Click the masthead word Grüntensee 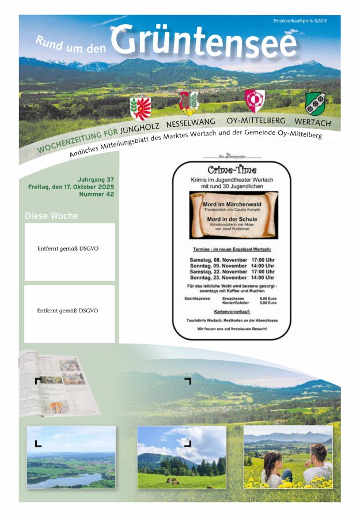click(x=204, y=42)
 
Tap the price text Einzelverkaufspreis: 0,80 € click(x=300, y=21)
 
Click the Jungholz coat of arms click(x=141, y=108)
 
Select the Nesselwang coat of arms click(x=188, y=103)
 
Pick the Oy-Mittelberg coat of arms click(x=255, y=101)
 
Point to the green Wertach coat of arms click(x=314, y=104)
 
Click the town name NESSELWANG click(x=191, y=123)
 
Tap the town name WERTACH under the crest click(x=313, y=123)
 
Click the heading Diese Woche click(x=51, y=216)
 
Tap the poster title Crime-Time click(x=232, y=170)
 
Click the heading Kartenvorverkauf click(x=232, y=311)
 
